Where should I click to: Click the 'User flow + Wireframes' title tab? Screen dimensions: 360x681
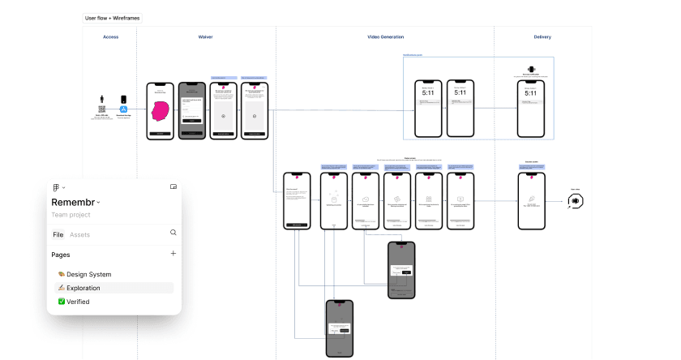point(112,17)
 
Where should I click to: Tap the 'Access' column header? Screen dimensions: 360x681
point(110,37)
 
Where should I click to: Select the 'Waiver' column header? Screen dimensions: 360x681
point(206,37)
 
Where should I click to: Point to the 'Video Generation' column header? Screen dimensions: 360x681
point(385,37)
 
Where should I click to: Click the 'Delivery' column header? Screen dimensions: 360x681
point(542,37)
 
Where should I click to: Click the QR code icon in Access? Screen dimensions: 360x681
point(102,108)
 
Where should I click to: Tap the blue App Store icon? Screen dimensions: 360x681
point(125,109)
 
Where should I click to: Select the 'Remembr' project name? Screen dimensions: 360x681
point(74,203)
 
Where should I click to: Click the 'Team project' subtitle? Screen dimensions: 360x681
point(71,215)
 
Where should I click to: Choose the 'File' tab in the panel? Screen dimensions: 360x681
point(58,234)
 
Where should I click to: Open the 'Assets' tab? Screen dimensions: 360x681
point(80,234)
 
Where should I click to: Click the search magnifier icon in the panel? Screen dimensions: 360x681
point(173,233)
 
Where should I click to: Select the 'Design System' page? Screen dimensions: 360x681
point(89,274)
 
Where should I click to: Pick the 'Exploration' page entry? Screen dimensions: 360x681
point(84,288)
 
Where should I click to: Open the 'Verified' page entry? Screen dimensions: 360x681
point(78,302)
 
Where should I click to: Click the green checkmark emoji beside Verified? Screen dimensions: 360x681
point(62,302)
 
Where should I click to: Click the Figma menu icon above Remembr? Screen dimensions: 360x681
point(57,187)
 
